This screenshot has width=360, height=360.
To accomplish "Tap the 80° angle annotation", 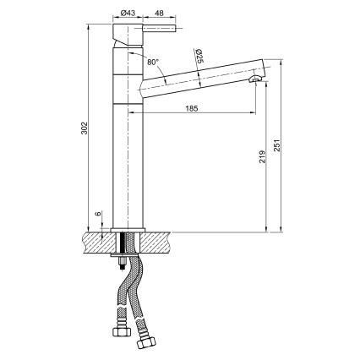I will [151, 62].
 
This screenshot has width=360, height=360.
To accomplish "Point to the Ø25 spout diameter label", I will [199, 57].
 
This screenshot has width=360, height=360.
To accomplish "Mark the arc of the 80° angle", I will [139, 57].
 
